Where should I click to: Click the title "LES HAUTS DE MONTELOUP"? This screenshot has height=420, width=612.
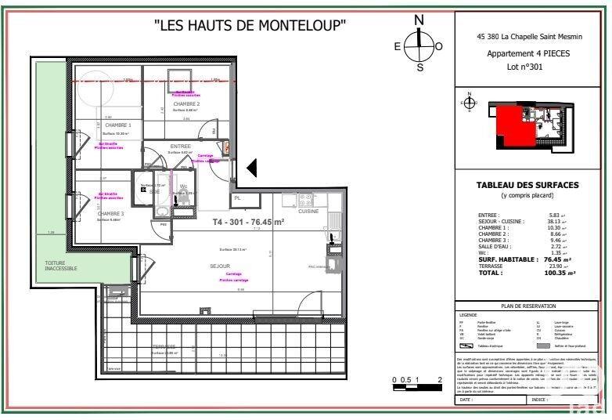[250, 25]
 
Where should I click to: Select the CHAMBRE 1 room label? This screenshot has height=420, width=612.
[117, 125]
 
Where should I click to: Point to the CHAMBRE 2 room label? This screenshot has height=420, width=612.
[186, 104]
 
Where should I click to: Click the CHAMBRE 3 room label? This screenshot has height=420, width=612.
[110, 213]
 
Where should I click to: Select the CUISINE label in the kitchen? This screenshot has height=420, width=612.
[308, 212]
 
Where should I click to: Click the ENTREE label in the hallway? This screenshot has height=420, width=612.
[180, 146]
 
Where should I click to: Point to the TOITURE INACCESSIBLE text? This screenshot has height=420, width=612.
[61, 266]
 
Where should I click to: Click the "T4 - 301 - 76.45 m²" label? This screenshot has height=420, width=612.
[248, 222]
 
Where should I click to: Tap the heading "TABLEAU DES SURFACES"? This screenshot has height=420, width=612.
[527, 185]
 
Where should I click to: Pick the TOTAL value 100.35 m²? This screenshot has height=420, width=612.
[560, 273]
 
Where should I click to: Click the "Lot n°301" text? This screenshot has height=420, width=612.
[524, 67]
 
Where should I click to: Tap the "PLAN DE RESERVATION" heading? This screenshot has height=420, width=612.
[528, 306]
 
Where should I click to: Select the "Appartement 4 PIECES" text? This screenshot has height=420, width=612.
[528, 53]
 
